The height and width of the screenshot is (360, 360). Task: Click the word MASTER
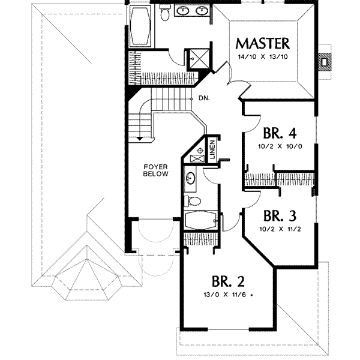[x=263, y=43]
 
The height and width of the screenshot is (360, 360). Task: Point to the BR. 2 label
[x=228, y=280]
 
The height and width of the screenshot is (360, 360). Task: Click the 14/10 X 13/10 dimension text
[x=263, y=57]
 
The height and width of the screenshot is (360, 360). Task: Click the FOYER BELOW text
[x=154, y=170]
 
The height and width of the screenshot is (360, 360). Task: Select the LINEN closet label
[x=212, y=149]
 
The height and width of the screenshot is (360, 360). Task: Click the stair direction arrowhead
[x=139, y=138]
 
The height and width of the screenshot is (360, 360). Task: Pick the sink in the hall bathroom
[x=190, y=178]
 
